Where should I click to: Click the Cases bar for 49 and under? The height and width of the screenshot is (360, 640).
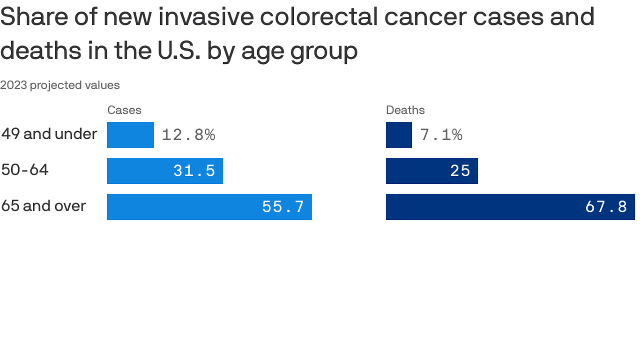point(130,135)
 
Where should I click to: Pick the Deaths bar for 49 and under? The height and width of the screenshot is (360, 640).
point(399,135)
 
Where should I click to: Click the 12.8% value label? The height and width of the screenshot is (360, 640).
point(188,135)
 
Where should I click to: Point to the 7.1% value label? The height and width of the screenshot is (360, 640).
point(441,135)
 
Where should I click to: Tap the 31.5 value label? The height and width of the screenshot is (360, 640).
point(194,171)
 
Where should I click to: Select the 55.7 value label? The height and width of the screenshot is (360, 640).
point(283,207)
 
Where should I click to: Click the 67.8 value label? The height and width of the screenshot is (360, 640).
point(606,207)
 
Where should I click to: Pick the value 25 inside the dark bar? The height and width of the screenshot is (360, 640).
point(460,171)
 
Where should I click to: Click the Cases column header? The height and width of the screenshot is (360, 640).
point(124,110)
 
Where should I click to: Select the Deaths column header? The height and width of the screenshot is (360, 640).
point(405,110)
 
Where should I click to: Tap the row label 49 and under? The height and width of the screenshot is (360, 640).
point(49,134)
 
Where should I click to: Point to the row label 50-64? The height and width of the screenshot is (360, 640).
point(25,170)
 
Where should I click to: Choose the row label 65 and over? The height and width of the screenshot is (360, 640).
point(44,206)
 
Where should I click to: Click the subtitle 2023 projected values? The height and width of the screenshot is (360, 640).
point(60,85)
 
